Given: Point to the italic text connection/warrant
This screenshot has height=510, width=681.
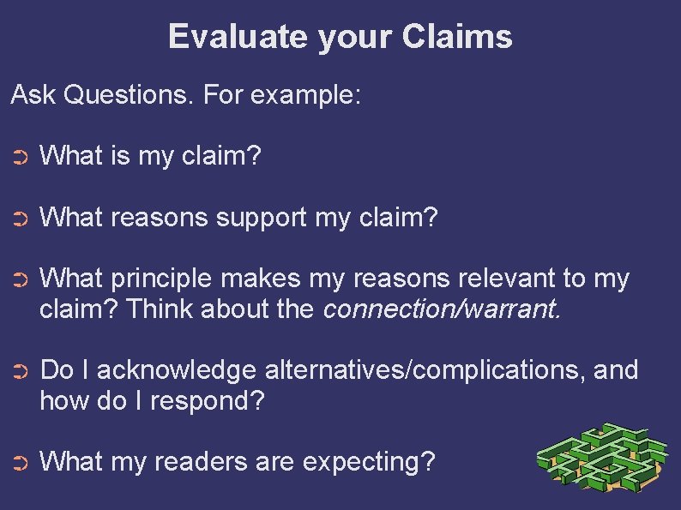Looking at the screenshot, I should click(x=442, y=309).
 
